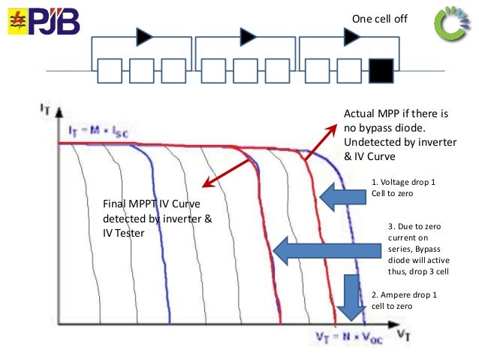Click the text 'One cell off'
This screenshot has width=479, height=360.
pyautogui.click(x=379, y=17)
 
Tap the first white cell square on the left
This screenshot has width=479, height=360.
pyautogui.click(x=110, y=72)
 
